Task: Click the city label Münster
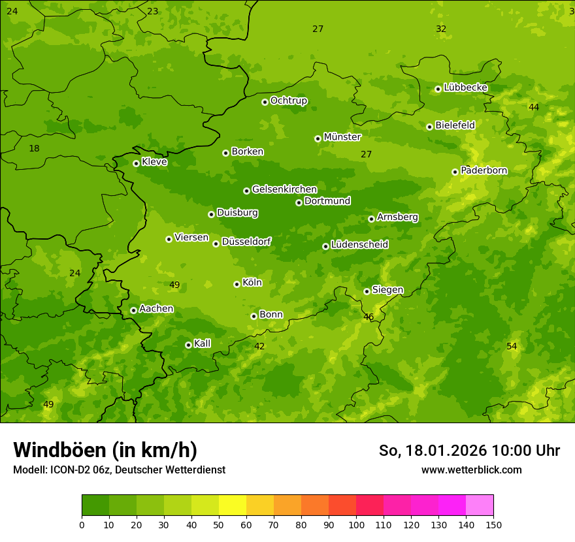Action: coord(342,137)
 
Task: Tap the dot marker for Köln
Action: coord(237,284)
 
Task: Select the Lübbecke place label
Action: coord(465,88)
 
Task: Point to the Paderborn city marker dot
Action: coord(455,172)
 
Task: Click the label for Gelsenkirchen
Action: coord(284,189)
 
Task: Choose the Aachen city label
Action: coord(156,309)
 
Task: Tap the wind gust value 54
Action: coord(512,346)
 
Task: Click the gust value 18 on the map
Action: coord(34,149)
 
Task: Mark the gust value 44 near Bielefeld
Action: coord(534,107)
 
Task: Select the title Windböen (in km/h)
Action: coord(105,450)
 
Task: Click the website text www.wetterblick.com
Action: coord(471,470)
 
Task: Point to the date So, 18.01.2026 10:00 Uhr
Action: coord(469,451)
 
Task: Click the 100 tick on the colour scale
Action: coord(356,524)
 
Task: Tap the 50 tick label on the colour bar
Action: coord(219,524)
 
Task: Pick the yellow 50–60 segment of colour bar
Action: coord(233,505)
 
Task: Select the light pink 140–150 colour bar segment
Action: coord(480,505)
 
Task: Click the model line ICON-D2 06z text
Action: coord(119,470)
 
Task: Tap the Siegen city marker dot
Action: coord(367,291)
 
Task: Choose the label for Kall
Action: coord(202,343)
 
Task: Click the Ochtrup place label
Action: coord(288,101)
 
